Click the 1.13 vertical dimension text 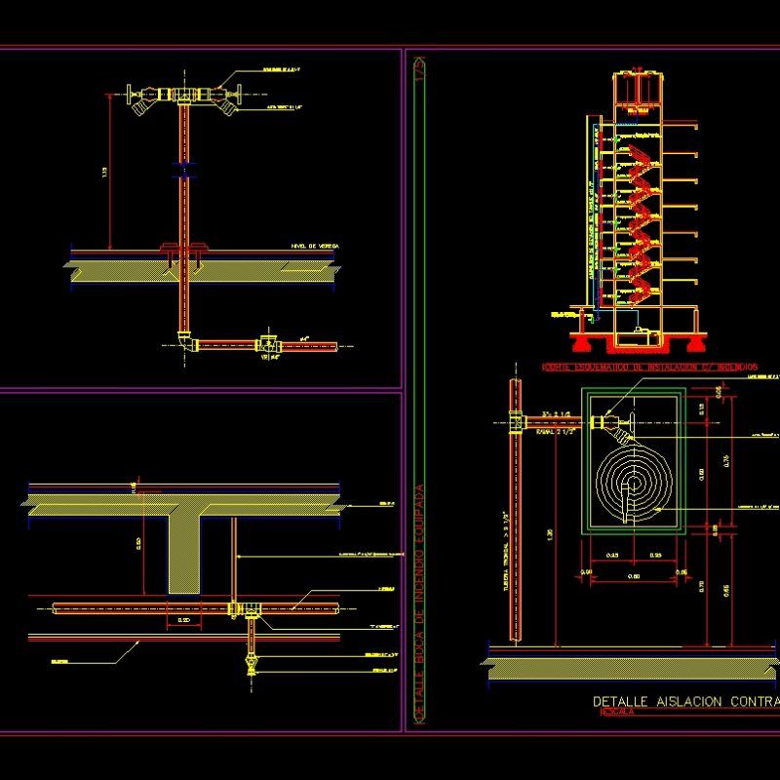(x=104, y=173)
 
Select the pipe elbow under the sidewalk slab (x=185, y=341)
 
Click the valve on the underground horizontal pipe (x=267, y=344)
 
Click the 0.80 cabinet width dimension (x=635, y=576)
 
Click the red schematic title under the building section (x=648, y=367)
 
